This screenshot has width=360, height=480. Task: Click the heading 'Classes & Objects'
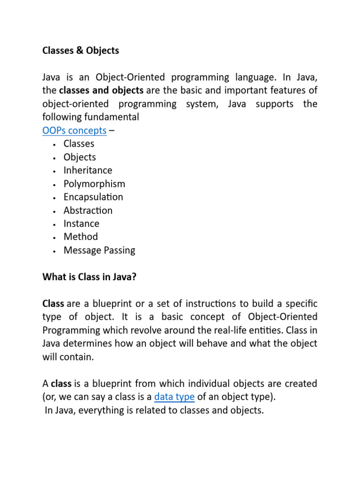(x=81, y=51)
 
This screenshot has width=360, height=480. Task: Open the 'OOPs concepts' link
(x=75, y=130)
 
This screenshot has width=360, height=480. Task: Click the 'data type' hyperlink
(x=174, y=397)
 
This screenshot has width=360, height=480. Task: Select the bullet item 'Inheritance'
(x=88, y=170)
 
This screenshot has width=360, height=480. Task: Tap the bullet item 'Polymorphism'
(x=94, y=184)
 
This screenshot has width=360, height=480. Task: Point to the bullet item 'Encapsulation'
(x=93, y=197)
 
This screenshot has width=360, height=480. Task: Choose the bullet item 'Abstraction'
(x=88, y=210)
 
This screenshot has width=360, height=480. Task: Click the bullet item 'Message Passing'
(x=99, y=250)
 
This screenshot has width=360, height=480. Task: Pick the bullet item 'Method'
(x=81, y=237)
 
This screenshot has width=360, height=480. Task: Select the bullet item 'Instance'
(x=82, y=224)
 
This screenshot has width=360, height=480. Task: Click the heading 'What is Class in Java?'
(x=90, y=277)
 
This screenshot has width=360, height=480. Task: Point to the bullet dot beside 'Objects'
(x=55, y=158)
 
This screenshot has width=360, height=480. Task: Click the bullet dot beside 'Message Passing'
(x=55, y=251)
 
